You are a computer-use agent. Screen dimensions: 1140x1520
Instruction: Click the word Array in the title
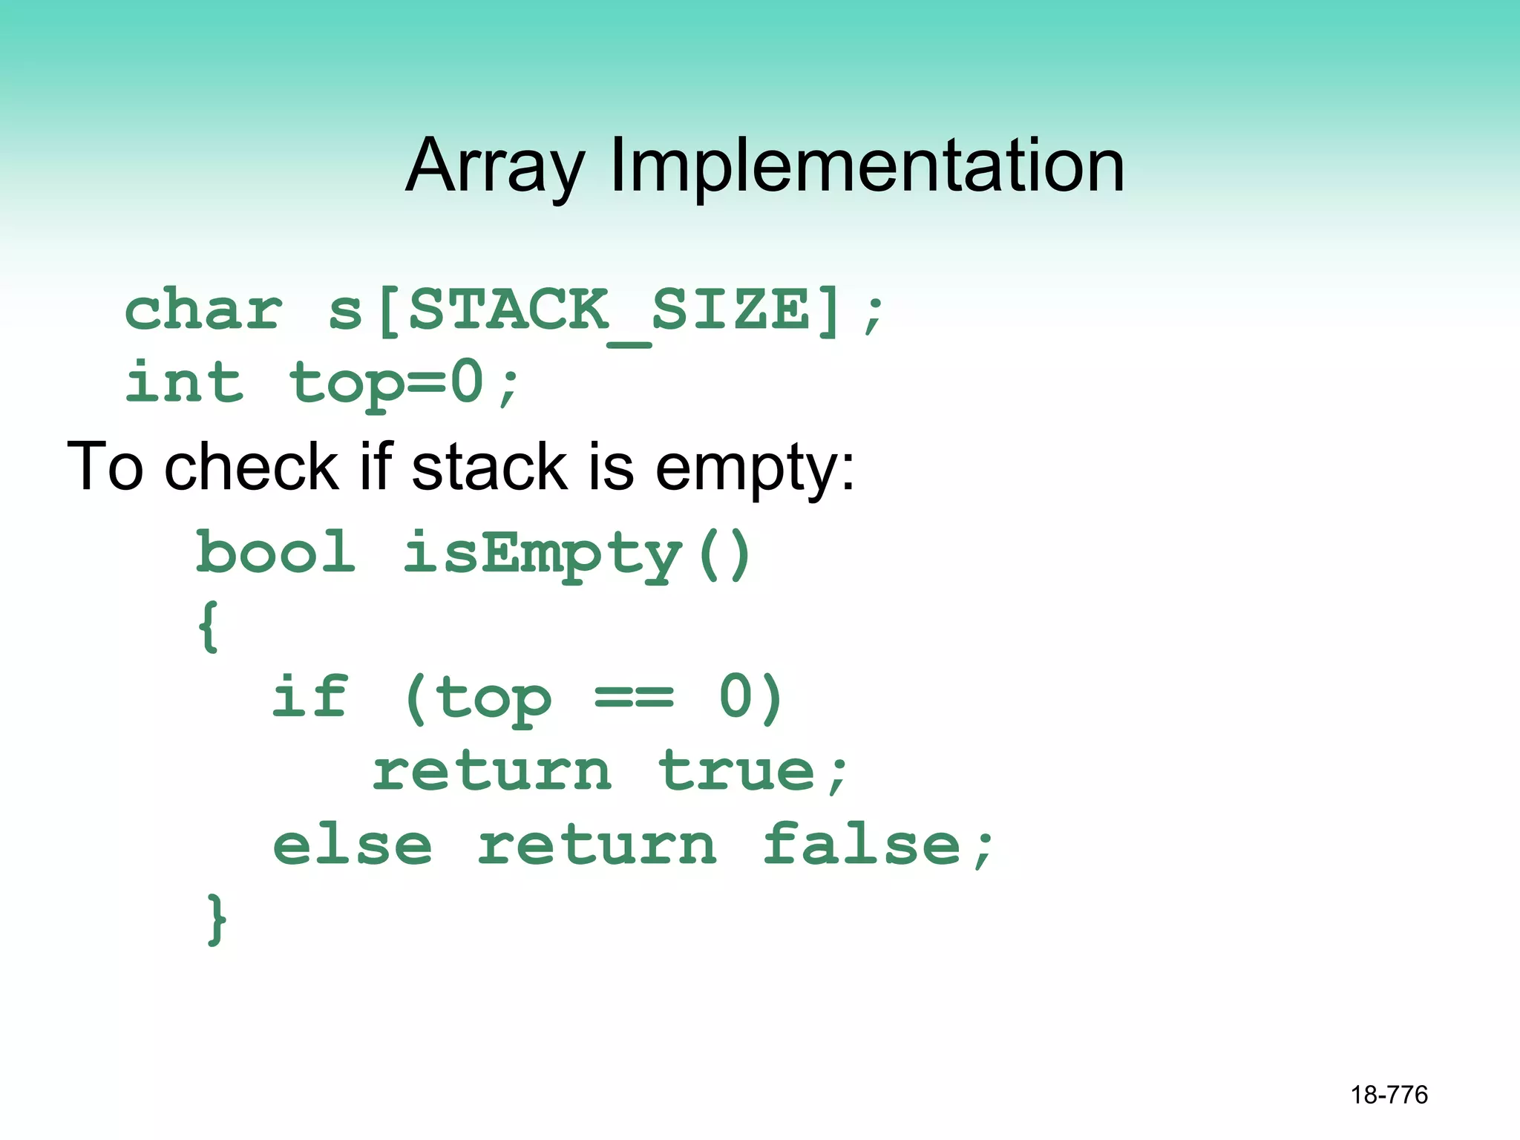click(495, 166)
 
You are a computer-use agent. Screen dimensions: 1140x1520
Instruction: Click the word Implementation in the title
click(866, 166)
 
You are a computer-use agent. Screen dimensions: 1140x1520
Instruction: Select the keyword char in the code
click(203, 310)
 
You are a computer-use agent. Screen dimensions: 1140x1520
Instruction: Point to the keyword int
click(184, 382)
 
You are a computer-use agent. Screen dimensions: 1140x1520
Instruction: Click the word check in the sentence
click(251, 468)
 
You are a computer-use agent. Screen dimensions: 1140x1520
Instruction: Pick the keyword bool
click(275, 553)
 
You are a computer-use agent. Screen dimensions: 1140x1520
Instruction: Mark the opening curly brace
click(209, 626)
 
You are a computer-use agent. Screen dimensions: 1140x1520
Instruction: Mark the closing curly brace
click(216, 919)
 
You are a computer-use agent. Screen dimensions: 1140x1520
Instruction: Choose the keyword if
click(309, 697)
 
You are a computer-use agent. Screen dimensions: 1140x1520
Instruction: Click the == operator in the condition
click(634, 698)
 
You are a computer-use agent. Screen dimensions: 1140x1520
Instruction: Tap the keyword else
click(352, 845)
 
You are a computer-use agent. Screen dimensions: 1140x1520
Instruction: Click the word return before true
click(492, 771)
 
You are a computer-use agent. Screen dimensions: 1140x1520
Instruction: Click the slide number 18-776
click(1389, 1095)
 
